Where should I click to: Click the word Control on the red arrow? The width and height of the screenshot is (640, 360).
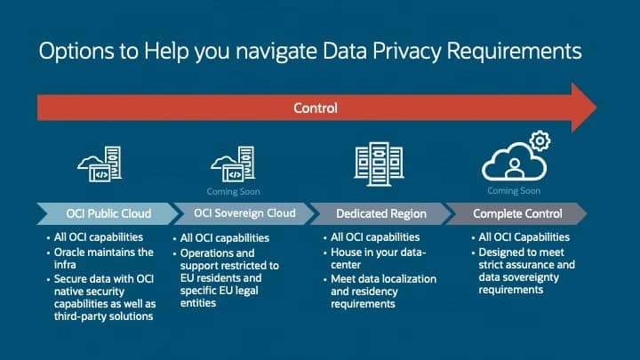point(316,108)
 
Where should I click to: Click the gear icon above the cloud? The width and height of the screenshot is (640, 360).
point(539,140)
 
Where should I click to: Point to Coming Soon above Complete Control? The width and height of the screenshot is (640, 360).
point(514,190)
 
